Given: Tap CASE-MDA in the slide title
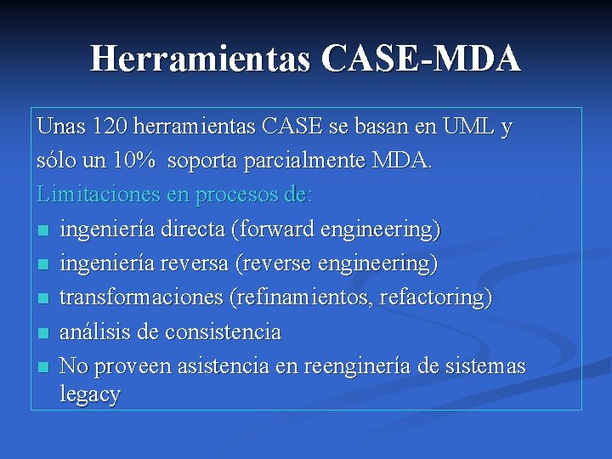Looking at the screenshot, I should pos(422,59).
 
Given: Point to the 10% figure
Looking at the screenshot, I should pos(134,161).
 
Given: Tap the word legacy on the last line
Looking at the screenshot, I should pos(90,394).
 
